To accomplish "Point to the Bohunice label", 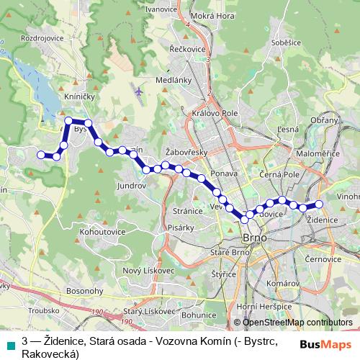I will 199,314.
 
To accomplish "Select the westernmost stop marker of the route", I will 40,153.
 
